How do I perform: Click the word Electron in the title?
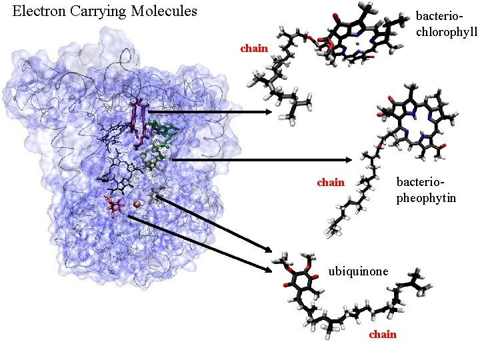click(39, 11)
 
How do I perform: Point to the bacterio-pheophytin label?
click(426, 189)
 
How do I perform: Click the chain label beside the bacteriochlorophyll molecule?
click(254, 48)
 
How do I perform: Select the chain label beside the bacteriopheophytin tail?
click(331, 182)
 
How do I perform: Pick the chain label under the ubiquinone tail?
click(383, 334)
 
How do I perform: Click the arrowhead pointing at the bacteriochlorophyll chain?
click(268, 112)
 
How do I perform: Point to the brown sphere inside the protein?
click(137, 204)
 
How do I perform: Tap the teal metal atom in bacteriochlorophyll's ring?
click(358, 45)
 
